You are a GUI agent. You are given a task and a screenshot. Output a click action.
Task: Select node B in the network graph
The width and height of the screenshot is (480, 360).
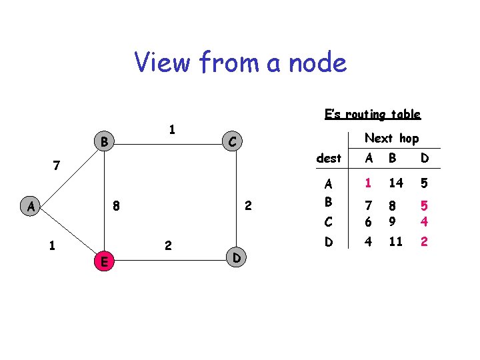tap(103, 141)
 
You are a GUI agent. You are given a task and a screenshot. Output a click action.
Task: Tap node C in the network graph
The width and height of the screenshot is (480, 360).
tap(231, 141)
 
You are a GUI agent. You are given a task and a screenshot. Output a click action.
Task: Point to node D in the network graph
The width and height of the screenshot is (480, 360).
tap(237, 257)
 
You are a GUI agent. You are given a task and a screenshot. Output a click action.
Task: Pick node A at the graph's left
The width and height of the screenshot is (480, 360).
tap(31, 206)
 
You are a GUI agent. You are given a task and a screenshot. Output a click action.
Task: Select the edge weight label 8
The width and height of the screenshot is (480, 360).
tap(116, 207)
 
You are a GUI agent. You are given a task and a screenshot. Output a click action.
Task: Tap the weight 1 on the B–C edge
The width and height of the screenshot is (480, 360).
tap(171, 129)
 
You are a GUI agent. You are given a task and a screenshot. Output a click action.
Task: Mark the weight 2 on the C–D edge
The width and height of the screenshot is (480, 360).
tap(247, 207)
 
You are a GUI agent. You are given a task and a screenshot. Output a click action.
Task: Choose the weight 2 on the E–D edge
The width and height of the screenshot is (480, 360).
tap(168, 246)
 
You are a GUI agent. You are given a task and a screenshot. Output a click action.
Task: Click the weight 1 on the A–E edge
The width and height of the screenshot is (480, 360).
tap(51, 245)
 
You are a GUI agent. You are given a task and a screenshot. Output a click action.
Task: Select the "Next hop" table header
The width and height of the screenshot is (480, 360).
tap(391, 138)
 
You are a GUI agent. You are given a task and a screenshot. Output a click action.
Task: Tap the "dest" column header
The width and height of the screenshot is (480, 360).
tap(329, 159)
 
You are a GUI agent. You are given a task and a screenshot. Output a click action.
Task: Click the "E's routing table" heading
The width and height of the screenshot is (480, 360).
tap(372, 114)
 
